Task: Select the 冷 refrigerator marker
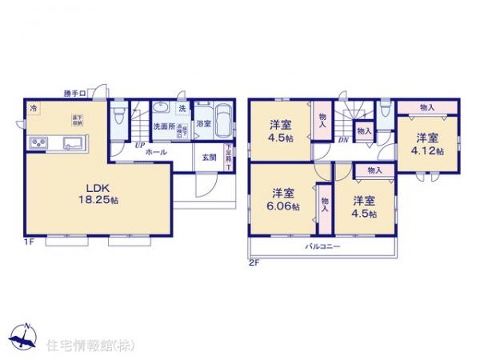tap(34, 108)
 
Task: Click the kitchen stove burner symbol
tap(38, 144)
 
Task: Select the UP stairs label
tap(139, 145)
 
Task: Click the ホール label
tap(157, 151)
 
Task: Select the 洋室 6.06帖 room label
tap(282, 199)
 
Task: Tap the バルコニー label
tap(322, 246)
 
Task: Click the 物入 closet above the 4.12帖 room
tap(426, 106)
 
